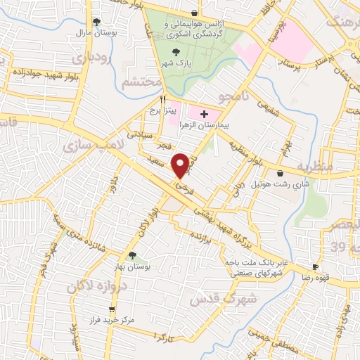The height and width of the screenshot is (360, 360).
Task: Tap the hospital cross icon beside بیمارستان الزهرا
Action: pos(204,113)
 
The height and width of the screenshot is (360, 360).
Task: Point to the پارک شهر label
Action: pos(176,63)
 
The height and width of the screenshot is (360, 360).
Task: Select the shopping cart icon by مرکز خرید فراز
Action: pos(111,309)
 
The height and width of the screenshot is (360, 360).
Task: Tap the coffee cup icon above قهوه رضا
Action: pos(315,266)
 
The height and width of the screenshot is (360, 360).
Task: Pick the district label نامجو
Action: pos(230,96)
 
